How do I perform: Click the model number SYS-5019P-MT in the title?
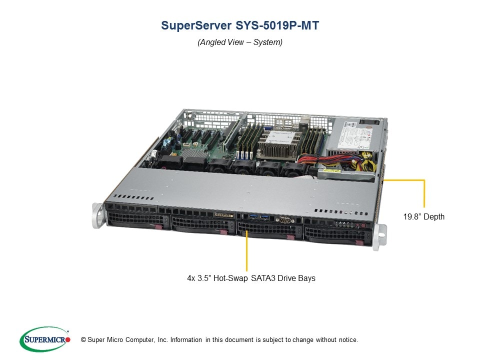click(x=277, y=25)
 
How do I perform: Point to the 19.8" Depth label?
click(x=423, y=216)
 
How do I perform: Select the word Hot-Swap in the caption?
click(x=230, y=278)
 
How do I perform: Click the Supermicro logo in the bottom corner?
click(x=45, y=339)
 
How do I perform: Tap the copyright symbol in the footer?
click(x=83, y=340)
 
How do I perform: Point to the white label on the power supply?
click(x=355, y=134)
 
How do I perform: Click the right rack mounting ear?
click(x=379, y=237)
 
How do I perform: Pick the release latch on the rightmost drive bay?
click(x=358, y=243)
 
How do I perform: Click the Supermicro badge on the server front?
click(x=224, y=215)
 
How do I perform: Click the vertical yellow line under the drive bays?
click(x=246, y=250)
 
